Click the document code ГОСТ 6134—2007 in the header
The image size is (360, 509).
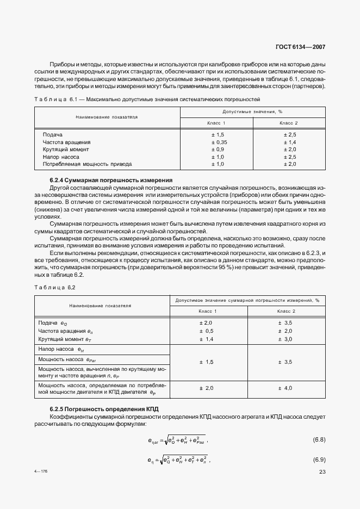301,47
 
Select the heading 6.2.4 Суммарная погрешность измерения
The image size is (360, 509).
111,180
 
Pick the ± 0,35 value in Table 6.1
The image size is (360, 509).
218,142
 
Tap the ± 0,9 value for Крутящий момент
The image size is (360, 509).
218,149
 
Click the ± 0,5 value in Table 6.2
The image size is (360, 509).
206,331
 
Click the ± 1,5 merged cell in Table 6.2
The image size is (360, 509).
206,362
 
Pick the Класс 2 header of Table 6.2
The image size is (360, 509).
286,311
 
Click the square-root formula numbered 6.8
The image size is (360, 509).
177,439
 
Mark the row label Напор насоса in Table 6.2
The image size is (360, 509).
60,349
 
